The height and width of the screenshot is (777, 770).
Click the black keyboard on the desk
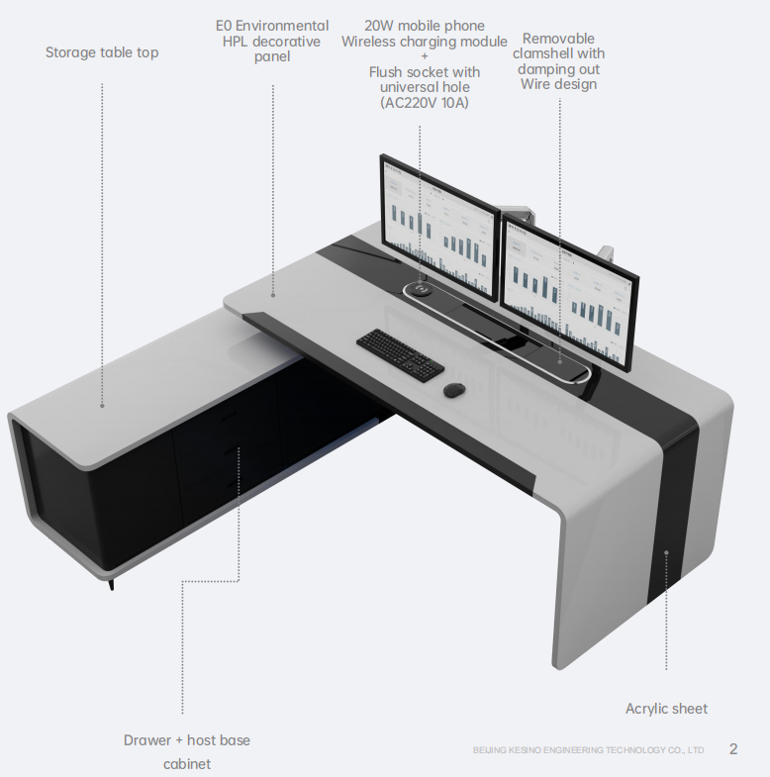[x=400, y=352]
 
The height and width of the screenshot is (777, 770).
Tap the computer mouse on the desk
[x=454, y=389]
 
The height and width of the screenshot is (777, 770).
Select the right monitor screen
[x=568, y=292]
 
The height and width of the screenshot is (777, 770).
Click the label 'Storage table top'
[x=102, y=52]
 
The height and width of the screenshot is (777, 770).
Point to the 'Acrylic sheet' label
[x=666, y=709]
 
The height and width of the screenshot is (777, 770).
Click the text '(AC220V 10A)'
[x=425, y=103]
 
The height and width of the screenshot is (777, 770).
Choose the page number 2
[x=733, y=748]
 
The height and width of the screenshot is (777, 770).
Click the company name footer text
[x=588, y=750]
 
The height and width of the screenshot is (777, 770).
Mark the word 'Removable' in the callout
[x=558, y=39]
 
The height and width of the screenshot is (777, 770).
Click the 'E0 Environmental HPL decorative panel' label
[x=272, y=41]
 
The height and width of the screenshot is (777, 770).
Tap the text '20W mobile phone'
[x=425, y=26]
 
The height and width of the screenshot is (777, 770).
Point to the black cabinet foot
[x=112, y=584]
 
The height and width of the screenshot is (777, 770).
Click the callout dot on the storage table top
[x=102, y=405]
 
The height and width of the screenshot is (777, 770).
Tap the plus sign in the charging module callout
[x=425, y=56]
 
